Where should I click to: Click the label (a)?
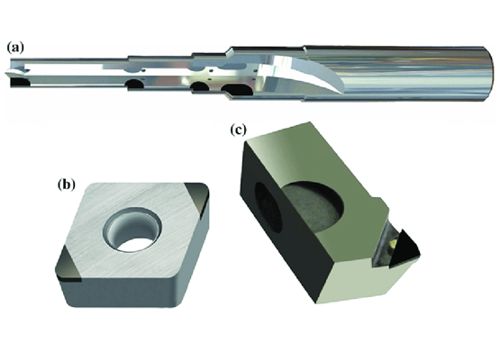pos(15,48)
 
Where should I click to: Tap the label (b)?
pos(67,184)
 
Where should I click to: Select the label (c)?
pos(238,130)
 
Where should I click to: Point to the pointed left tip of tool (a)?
pos(5,74)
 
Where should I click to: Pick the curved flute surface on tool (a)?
pos(306,73)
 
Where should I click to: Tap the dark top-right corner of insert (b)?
pos(196,197)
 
